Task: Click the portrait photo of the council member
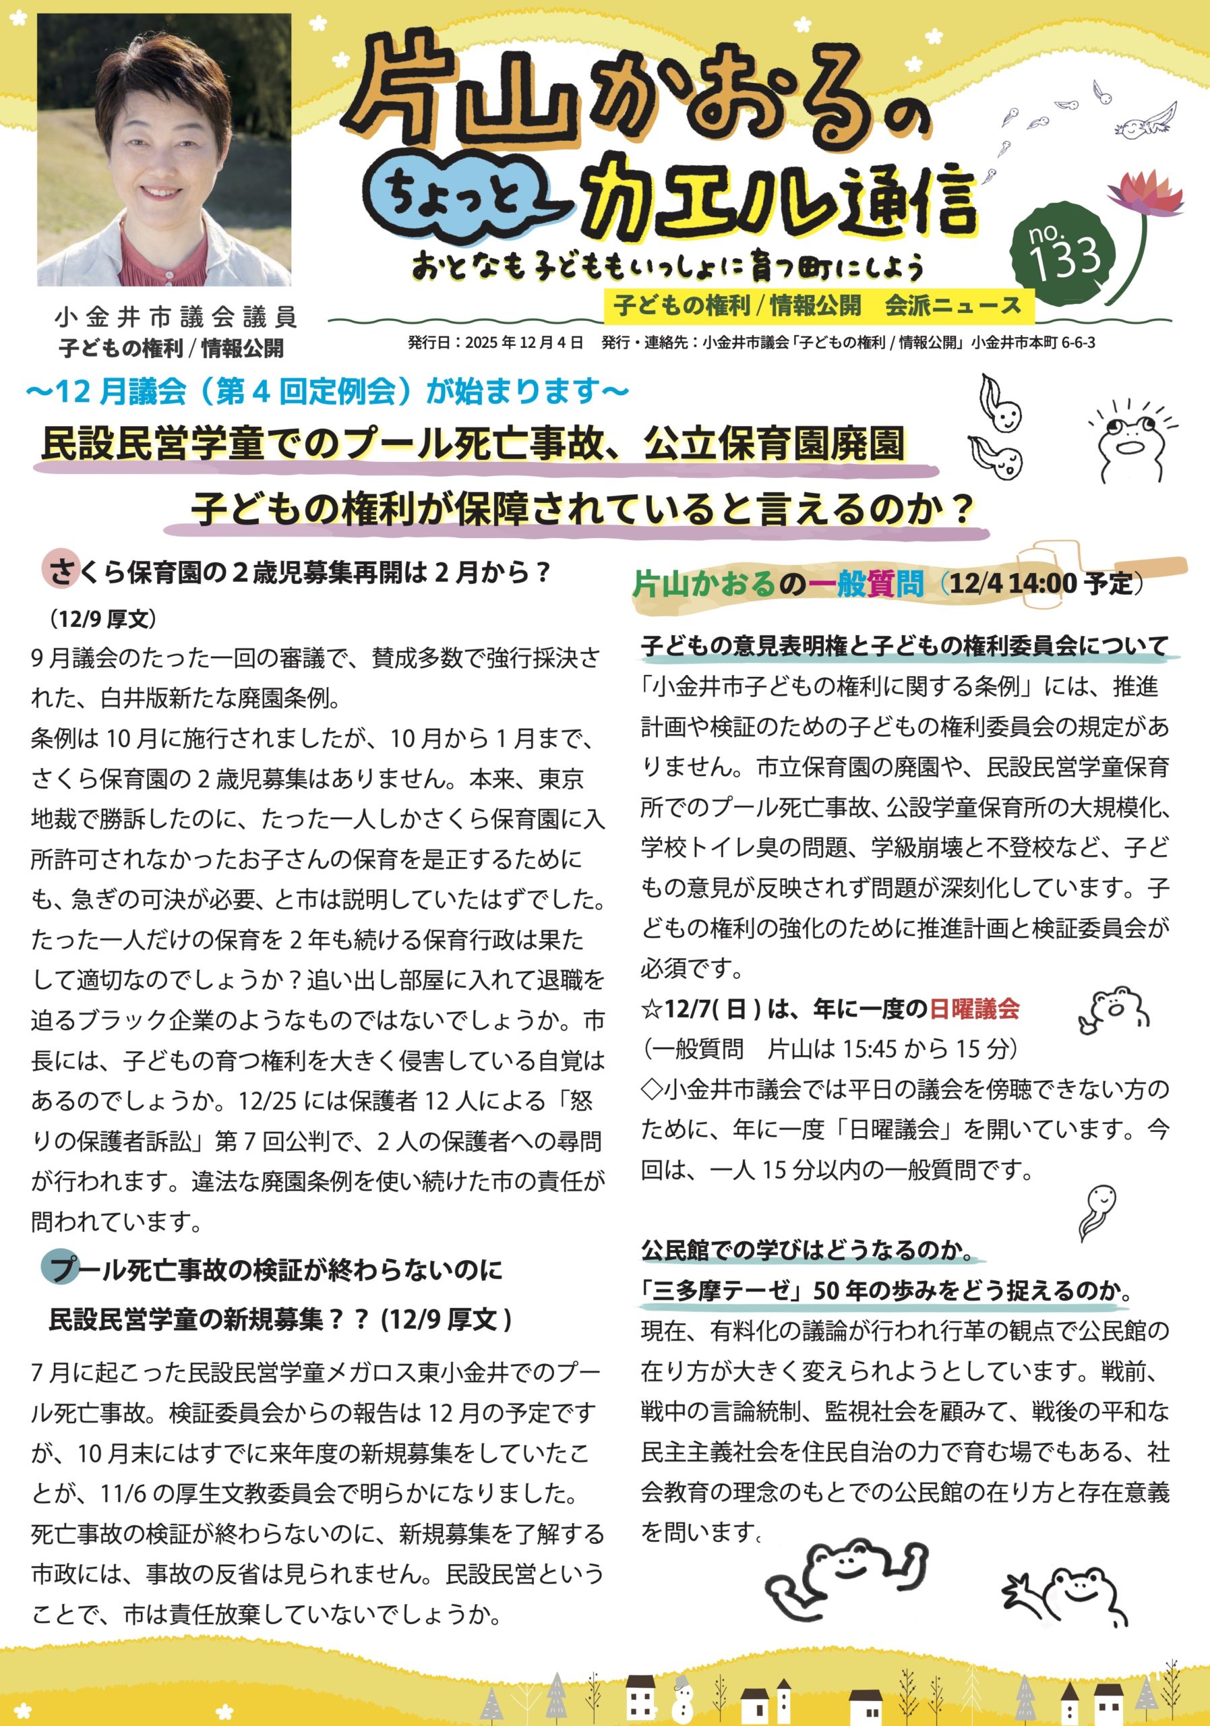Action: [164, 150]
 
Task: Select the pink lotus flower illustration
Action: [1146, 194]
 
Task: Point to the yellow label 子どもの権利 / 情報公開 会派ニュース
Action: [817, 305]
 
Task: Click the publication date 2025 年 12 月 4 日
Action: [524, 343]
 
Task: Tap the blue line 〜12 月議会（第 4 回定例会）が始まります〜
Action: [327, 391]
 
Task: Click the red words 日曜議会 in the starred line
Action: [974, 1009]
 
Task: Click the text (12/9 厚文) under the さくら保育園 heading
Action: [102, 619]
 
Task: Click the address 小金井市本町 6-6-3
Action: [1033, 343]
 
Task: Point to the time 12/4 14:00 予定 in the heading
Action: [1040, 583]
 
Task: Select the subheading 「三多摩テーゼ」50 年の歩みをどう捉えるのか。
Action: [887, 1290]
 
